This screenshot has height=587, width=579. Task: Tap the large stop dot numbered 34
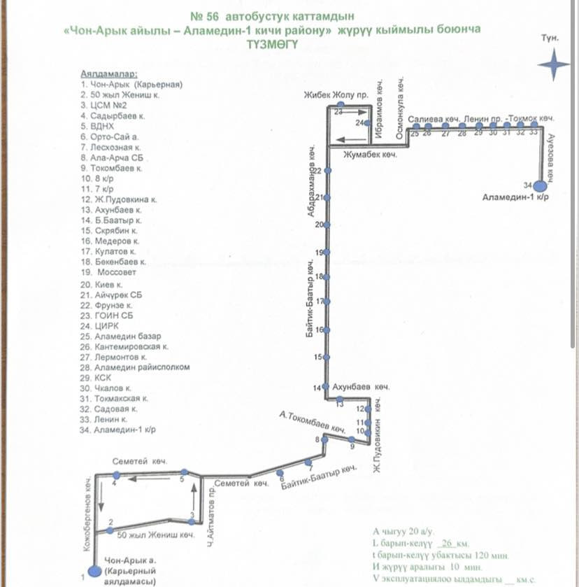point(540,186)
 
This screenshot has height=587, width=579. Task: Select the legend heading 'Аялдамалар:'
point(109,73)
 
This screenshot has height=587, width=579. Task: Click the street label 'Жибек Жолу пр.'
point(330,96)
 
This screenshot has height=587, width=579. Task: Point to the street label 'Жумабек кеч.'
point(369,155)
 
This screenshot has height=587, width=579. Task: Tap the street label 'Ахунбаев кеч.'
point(360,386)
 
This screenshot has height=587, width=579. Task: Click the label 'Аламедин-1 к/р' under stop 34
point(515,198)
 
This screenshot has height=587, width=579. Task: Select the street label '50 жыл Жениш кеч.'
point(155,537)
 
